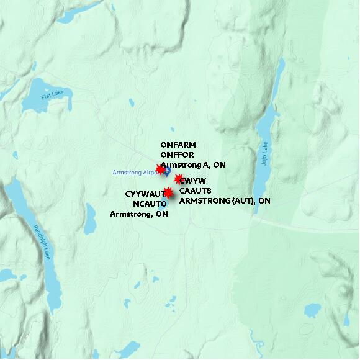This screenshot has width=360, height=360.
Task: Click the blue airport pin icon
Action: click(x=167, y=171)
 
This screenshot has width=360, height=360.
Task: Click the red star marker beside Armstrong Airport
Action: click(x=160, y=169)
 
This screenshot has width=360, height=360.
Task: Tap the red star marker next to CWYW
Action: click(x=179, y=179)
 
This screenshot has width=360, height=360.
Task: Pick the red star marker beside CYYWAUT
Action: click(x=168, y=193)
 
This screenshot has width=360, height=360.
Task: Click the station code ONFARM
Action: click(x=178, y=145)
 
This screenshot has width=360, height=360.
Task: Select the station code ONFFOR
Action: click(x=178, y=155)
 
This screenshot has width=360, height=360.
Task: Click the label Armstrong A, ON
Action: click(x=193, y=165)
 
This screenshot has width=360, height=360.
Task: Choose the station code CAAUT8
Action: click(x=196, y=191)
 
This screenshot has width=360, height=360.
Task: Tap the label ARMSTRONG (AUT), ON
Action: click(x=225, y=200)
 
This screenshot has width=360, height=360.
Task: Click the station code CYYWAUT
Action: click(x=145, y=194)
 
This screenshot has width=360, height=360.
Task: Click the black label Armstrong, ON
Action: click(x=139, y=214)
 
